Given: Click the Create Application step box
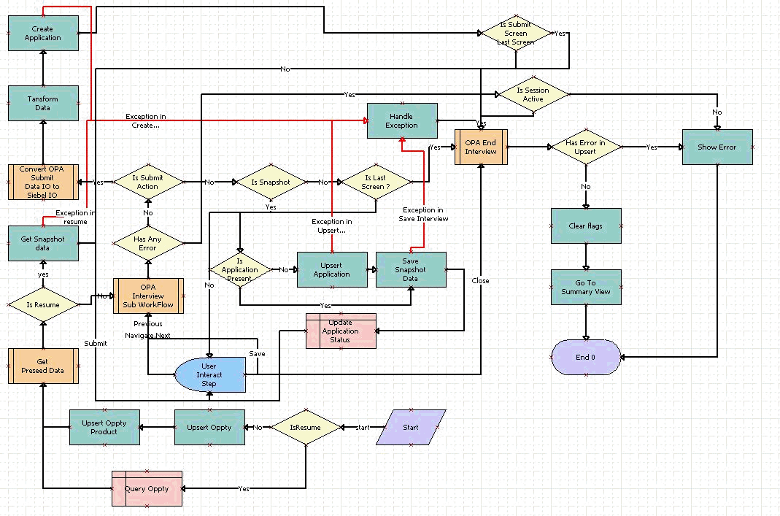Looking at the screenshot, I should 43,34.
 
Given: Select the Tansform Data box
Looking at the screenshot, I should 43,103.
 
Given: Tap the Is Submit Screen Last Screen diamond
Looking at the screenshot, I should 516,34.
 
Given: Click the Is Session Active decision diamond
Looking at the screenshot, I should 533,95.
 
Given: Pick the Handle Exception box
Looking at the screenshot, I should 401,120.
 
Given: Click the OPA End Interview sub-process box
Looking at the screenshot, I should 481,147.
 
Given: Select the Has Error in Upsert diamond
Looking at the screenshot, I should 585,147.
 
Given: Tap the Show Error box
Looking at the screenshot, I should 717,147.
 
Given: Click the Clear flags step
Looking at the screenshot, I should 585,226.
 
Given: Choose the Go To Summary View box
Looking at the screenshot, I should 585,287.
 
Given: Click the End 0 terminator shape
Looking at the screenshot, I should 586,357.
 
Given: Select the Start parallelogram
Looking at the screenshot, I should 411,427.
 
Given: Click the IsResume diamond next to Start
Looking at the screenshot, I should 306,427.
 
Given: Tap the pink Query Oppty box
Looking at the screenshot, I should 147,489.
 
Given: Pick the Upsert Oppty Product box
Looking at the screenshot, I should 104,427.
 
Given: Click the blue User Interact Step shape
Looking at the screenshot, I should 209,374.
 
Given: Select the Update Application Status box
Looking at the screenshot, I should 340,331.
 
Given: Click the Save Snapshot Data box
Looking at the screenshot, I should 410,269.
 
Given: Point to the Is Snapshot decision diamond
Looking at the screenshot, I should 270,182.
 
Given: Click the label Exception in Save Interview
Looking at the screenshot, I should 425,214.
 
